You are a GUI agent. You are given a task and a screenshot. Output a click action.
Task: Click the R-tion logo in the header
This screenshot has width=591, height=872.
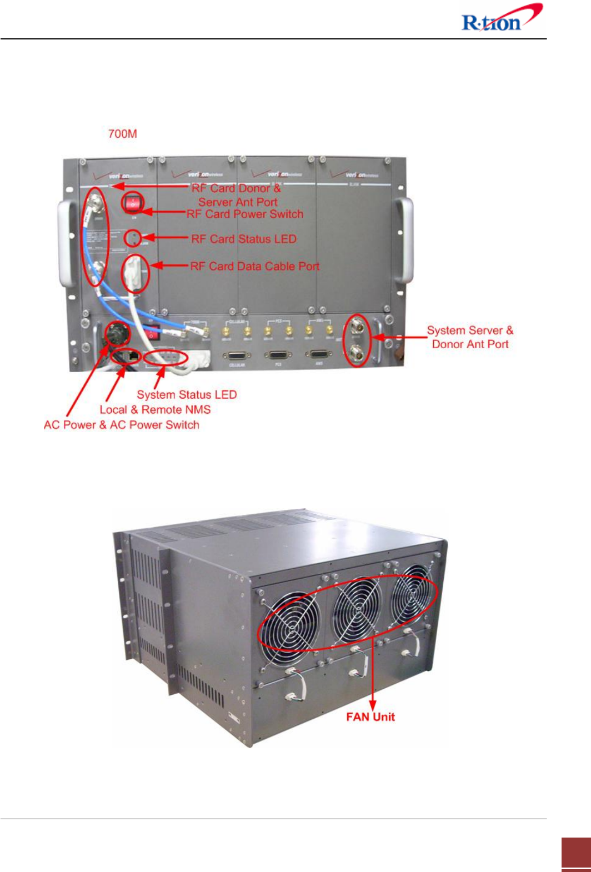click(500, 19)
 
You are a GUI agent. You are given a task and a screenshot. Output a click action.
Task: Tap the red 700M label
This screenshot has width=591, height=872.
click(122, 134)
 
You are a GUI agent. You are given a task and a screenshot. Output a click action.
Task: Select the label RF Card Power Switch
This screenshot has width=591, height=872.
click(245, 214)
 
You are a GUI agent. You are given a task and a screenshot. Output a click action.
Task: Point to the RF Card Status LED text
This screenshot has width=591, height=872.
click(244, 239)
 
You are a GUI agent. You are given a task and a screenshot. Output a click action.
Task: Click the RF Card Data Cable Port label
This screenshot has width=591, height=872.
click(255, 267)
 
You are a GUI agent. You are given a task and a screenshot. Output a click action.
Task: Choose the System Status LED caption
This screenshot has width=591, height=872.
click(187, 395)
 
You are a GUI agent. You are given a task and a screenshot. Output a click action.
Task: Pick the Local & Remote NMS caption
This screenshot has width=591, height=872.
click(155, 410)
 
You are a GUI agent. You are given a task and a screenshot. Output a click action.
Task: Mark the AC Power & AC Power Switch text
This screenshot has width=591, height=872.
click(122, 425)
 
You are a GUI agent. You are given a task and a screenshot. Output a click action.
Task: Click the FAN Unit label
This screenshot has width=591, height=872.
click(370, 717)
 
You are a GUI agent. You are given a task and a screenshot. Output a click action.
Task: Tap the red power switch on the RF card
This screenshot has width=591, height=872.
click(133, 204)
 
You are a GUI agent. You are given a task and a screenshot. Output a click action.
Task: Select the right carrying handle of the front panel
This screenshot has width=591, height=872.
click(405, 240)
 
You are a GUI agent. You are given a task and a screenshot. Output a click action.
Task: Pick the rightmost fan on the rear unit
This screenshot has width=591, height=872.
click(412, 594)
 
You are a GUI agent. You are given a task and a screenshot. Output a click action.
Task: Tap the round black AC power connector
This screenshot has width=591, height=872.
click(118, 334)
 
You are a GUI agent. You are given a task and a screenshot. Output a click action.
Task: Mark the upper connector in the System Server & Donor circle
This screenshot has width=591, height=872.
click(355, 328)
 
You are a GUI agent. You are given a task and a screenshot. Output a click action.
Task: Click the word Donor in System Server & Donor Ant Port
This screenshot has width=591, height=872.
click(447, 344)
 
